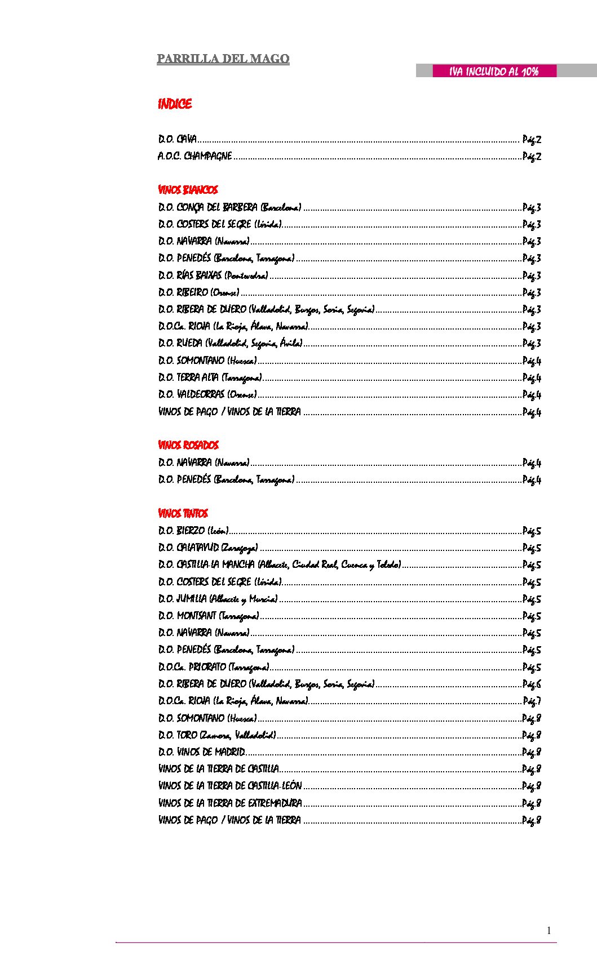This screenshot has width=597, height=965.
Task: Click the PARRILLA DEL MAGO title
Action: [x=223, y=59]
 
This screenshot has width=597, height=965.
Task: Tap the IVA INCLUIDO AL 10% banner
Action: [x=494, y=71]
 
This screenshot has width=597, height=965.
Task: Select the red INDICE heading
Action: [x=175, y=104]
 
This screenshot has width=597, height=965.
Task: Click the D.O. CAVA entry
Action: [x=178, y=139]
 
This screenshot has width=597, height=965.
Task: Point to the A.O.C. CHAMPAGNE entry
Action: [x=195, y=156]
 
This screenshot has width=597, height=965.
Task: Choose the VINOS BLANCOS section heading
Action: [x=188, y=190]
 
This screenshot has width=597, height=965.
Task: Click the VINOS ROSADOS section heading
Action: [x=188, y=445]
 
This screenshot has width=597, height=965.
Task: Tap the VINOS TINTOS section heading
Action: [x=183, y=513]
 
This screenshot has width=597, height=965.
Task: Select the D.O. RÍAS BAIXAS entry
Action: [x=213, y=275]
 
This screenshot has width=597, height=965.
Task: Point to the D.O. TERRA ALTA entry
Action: [x=210, y=377]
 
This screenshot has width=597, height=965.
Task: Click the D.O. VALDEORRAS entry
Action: [x=207, y=394]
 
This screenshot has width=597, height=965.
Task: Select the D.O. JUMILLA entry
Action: [x=218, y=599]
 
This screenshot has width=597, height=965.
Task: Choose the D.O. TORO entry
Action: [x=217, y=735]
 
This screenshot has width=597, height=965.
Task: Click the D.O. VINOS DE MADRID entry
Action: [x=202, y=752]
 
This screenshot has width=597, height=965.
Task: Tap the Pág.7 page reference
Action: [x=532, y=701]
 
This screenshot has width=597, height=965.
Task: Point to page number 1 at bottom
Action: [x=549, y=931]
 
